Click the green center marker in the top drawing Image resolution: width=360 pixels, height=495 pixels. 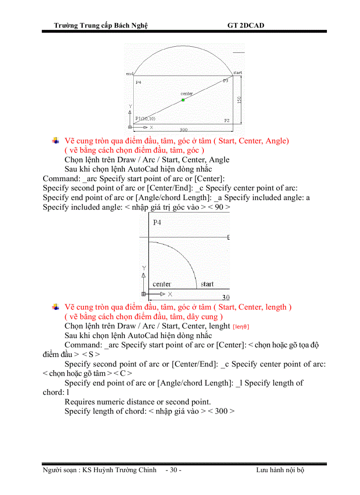pyautogui.click(x=183, y=100)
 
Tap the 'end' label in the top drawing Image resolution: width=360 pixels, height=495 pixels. pyautogui.click(x=129, y=74)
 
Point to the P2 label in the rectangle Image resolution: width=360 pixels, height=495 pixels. pyautogui.click(x=227, y=120)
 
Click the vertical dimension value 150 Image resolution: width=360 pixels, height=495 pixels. pyautogui.click(x=239, y=100)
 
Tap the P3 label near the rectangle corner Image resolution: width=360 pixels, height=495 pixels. pyautogui.click(x=225, y=81)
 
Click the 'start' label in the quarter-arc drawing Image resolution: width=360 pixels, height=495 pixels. pyautogui.click(x=207, y=284)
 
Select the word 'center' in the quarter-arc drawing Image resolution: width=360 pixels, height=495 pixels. pyautogui.click(x=162, y=284)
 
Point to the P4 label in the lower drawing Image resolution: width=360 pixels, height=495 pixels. pyautogui.click(x=157, y=223)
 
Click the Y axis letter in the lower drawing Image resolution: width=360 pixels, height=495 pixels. pyautogui.click(x=143, y=268)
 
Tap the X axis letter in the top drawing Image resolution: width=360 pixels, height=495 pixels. pyautogui.click(x=151, y=127)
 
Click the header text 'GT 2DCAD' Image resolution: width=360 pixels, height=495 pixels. pyautogui.click(x=246, y=25)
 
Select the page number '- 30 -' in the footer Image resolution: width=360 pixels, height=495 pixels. pyautogui.click(x=173, y=470)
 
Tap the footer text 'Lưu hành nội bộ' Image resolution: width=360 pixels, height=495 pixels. pyautogui.click(x=280, y=470)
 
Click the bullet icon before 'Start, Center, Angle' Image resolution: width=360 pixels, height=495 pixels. pyautogui.click(x=56, y=141)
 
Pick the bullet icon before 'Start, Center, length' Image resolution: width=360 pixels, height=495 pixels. pyautogui.click(x=56, y=307)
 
